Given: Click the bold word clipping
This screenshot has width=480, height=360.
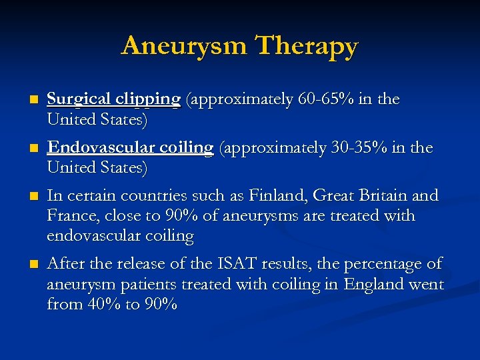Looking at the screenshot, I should pyautogui.click(x=147, y=100).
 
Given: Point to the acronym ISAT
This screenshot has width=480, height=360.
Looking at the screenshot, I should pyautogui.click(x=233, y=264).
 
